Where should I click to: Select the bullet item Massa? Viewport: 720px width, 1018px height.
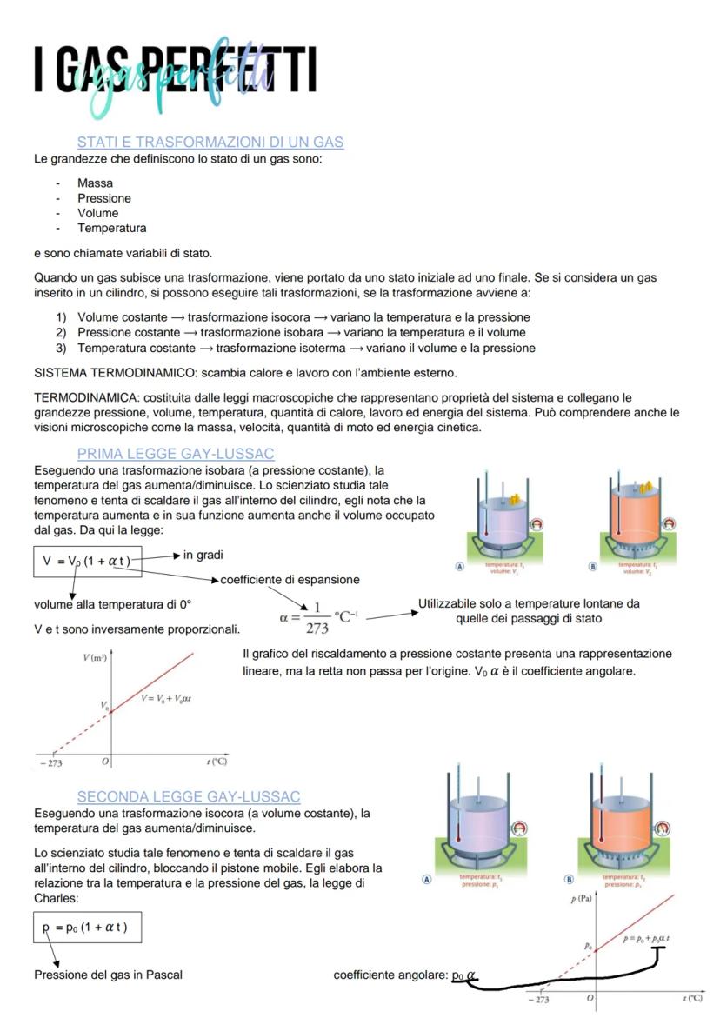tap(95, 183)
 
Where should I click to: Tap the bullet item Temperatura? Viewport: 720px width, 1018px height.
tap(111, 228)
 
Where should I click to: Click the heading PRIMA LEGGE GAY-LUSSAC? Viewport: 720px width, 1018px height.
tap(176, 453)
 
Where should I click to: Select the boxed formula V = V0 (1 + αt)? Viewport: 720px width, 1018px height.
tap(86, 561)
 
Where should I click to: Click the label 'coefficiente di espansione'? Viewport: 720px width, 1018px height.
tap(290, 580)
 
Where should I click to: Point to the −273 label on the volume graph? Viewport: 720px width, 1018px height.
tap(51, 762)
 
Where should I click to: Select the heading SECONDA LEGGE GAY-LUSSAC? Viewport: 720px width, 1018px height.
tap(189, 796)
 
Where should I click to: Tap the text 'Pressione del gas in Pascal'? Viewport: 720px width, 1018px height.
tap(108, 975)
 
